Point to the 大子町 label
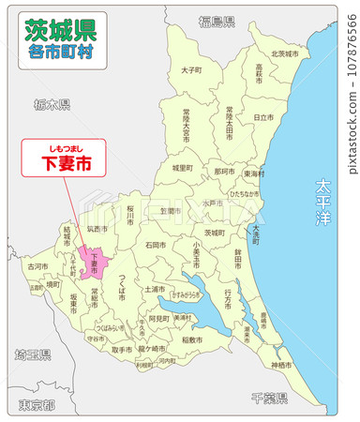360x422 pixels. click(x=191, y=69)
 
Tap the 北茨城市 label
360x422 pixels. click(x=284, y=54)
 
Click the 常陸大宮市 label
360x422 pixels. click(x=190, y=126)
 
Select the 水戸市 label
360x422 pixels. click(x=209, y=202)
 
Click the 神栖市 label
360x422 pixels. click(x=281, y=364)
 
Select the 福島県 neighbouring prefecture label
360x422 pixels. click(x=217, y=21)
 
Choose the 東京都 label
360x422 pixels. click(x=37, y=405)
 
